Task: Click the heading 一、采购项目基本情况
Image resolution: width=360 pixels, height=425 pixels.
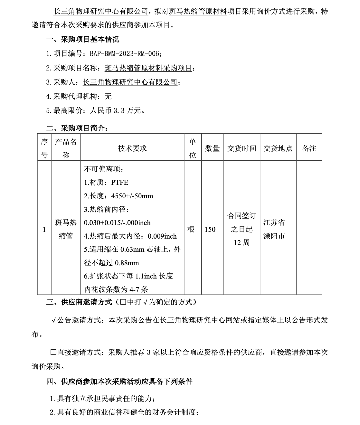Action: [x=83, y=40]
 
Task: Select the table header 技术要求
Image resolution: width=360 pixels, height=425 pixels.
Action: [x=132, y=148]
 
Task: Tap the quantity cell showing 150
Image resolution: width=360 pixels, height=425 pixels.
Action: [x=210, y=230]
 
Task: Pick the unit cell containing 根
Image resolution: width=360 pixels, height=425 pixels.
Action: [x=191, y=230]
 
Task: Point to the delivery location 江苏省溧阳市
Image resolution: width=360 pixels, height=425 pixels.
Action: [x=274, y=229]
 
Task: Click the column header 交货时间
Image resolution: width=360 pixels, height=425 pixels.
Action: [x=242, y=148]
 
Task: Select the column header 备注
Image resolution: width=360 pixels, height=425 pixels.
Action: [x=309, y=148]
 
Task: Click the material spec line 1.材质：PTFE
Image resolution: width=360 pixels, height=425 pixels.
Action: [x=106, y=183]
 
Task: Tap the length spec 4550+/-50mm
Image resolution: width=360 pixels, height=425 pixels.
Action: [x=132, y=196]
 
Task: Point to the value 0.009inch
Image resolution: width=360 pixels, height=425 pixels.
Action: [x=162, y=236]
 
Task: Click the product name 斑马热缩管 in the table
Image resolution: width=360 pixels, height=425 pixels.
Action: [x=66, y=229]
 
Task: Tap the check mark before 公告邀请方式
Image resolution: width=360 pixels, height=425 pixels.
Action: [x=54, y=321]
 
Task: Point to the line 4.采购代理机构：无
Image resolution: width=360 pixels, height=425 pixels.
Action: [x=79, y=96]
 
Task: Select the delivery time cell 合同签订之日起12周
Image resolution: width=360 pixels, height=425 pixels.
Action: [x=242, y=229]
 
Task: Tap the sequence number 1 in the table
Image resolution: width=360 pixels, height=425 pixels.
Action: [x=44, y=230]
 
